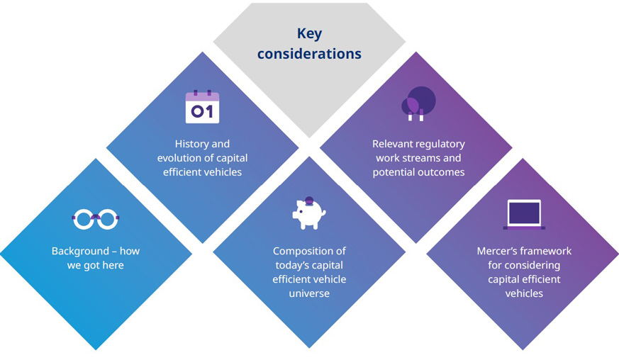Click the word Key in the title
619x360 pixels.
point(309,33)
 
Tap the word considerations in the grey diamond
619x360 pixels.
point(309,54)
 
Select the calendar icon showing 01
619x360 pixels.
point(202,108)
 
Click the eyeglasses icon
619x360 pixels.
point(96,220)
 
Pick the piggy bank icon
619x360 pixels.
point(308,212)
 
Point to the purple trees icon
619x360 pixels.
point(418,103)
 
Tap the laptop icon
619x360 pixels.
point(524,214)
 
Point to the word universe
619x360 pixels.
point(309,293)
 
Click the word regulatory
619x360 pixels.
point(442,144)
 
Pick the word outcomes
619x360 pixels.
point(441,172)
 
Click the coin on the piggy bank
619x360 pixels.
point(309,200)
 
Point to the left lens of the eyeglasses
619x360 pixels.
point(83,220)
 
